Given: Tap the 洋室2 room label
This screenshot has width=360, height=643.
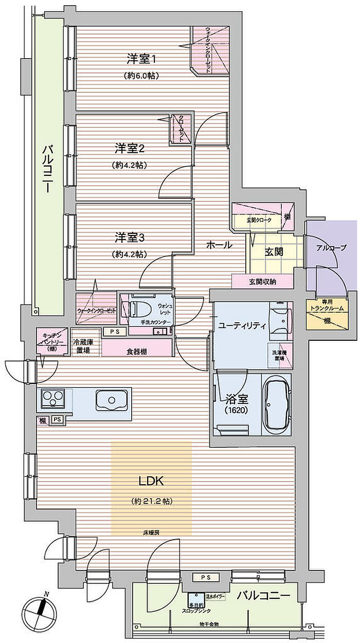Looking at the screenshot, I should (x=129, y=149).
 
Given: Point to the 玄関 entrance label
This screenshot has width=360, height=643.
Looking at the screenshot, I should (x=273, y=252).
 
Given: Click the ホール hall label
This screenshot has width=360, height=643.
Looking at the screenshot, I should (x=219, y=245).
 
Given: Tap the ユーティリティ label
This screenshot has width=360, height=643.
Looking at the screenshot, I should (x=242, y=325).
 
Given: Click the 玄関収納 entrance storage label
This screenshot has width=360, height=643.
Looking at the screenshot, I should (x=262, y=281).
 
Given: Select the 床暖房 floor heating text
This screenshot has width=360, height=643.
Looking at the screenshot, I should (x=151, y=532).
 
